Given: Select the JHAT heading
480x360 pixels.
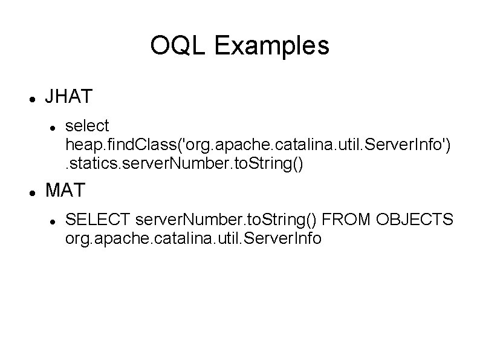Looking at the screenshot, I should pyautogui.click(x=69, y=96).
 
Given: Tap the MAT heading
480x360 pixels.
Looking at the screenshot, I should pyautogui.click(x=66, y=191).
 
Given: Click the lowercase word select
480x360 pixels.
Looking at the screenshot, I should pyautogui.click(x=87, y=126).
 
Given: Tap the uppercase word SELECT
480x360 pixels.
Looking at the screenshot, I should pyautogui.click(x=98, y=220).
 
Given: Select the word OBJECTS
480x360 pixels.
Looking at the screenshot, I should pyautogui.click(x=414, y=220).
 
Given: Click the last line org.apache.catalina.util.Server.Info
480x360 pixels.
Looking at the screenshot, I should pyautogui.click(x=193, y=239).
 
